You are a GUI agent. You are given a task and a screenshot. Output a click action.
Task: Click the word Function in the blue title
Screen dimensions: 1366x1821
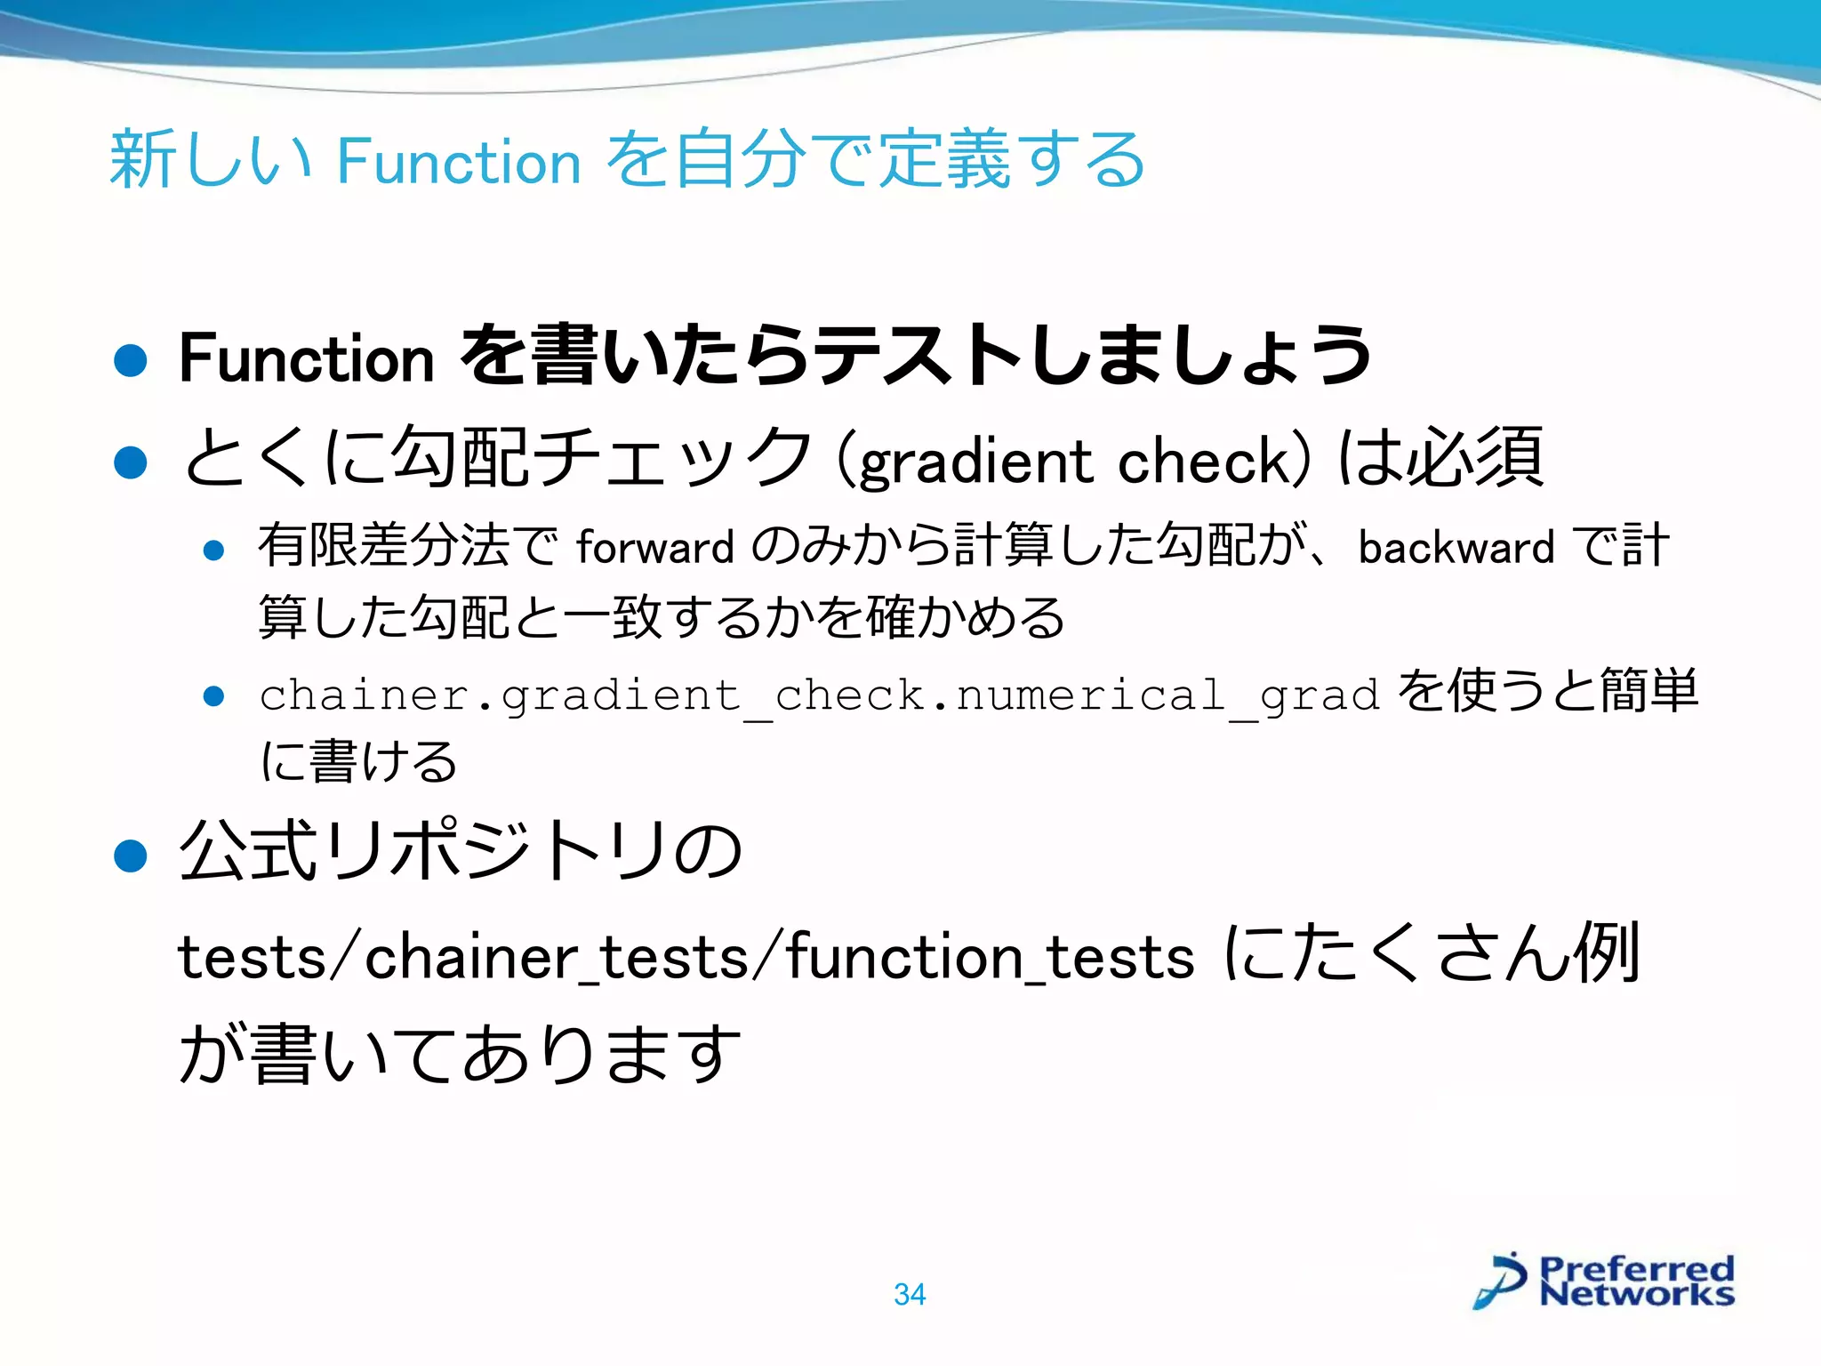click(x=459, y=162)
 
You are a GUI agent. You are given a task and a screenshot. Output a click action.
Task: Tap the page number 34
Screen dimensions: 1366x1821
click(x=910, y=1294)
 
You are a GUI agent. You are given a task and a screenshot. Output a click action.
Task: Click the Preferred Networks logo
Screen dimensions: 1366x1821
click(x=1603, y=1282)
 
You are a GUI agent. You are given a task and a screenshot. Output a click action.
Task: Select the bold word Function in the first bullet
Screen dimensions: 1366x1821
click(x=306, y=358)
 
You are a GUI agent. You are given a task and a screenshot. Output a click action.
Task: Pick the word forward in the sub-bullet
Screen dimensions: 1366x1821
click(x=654, y=547)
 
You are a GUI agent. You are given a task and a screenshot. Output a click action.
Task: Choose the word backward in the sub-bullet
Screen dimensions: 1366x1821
click(x=1456, y=547)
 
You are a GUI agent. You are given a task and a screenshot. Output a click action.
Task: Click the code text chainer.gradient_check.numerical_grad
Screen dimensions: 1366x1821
click(x=819, y=695)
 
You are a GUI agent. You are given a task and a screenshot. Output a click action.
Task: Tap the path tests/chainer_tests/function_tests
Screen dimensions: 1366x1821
click(x=686, y=958)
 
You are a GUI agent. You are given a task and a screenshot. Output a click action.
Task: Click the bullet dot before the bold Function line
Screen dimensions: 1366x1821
click(x=131, y=361)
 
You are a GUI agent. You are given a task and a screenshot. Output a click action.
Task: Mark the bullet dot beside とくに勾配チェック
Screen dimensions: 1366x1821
click(x=131, y=462)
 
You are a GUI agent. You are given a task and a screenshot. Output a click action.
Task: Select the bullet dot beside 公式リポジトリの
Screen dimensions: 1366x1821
click(x=131, y=856)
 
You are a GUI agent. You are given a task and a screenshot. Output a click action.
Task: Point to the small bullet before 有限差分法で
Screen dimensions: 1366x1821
click(x=213, y=550)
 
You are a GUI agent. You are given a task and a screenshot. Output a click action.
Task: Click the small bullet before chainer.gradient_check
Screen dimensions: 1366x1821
click(x=213, y=696)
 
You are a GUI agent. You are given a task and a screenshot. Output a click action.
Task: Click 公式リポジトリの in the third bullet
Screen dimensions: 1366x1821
click(x=461, y=852)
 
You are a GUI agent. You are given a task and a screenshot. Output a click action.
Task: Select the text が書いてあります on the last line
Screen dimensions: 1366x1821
click(x=461, y=1054)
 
